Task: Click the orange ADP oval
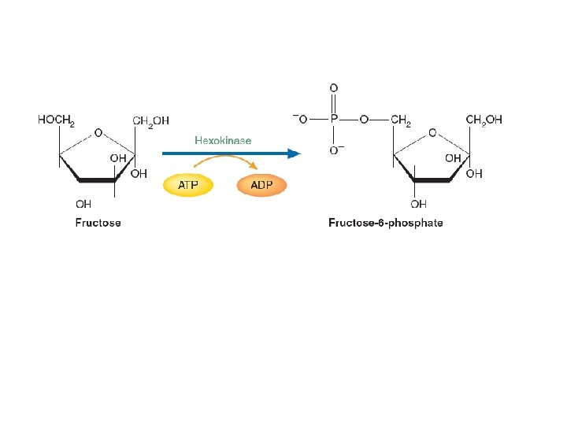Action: [262, 186]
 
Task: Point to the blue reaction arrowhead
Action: [295, 153]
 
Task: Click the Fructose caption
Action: [98, 223]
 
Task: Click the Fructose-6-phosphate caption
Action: [385, 223]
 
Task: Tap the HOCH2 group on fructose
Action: [56, 120]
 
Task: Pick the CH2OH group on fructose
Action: [150, 120]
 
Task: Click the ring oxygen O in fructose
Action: [97, 133]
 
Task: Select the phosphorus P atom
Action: [334, 120]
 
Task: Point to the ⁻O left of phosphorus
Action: [300, 120]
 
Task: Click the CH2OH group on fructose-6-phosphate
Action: [484, 120]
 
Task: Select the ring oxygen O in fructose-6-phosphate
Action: [432, 133]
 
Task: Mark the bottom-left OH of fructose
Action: [83, 204]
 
